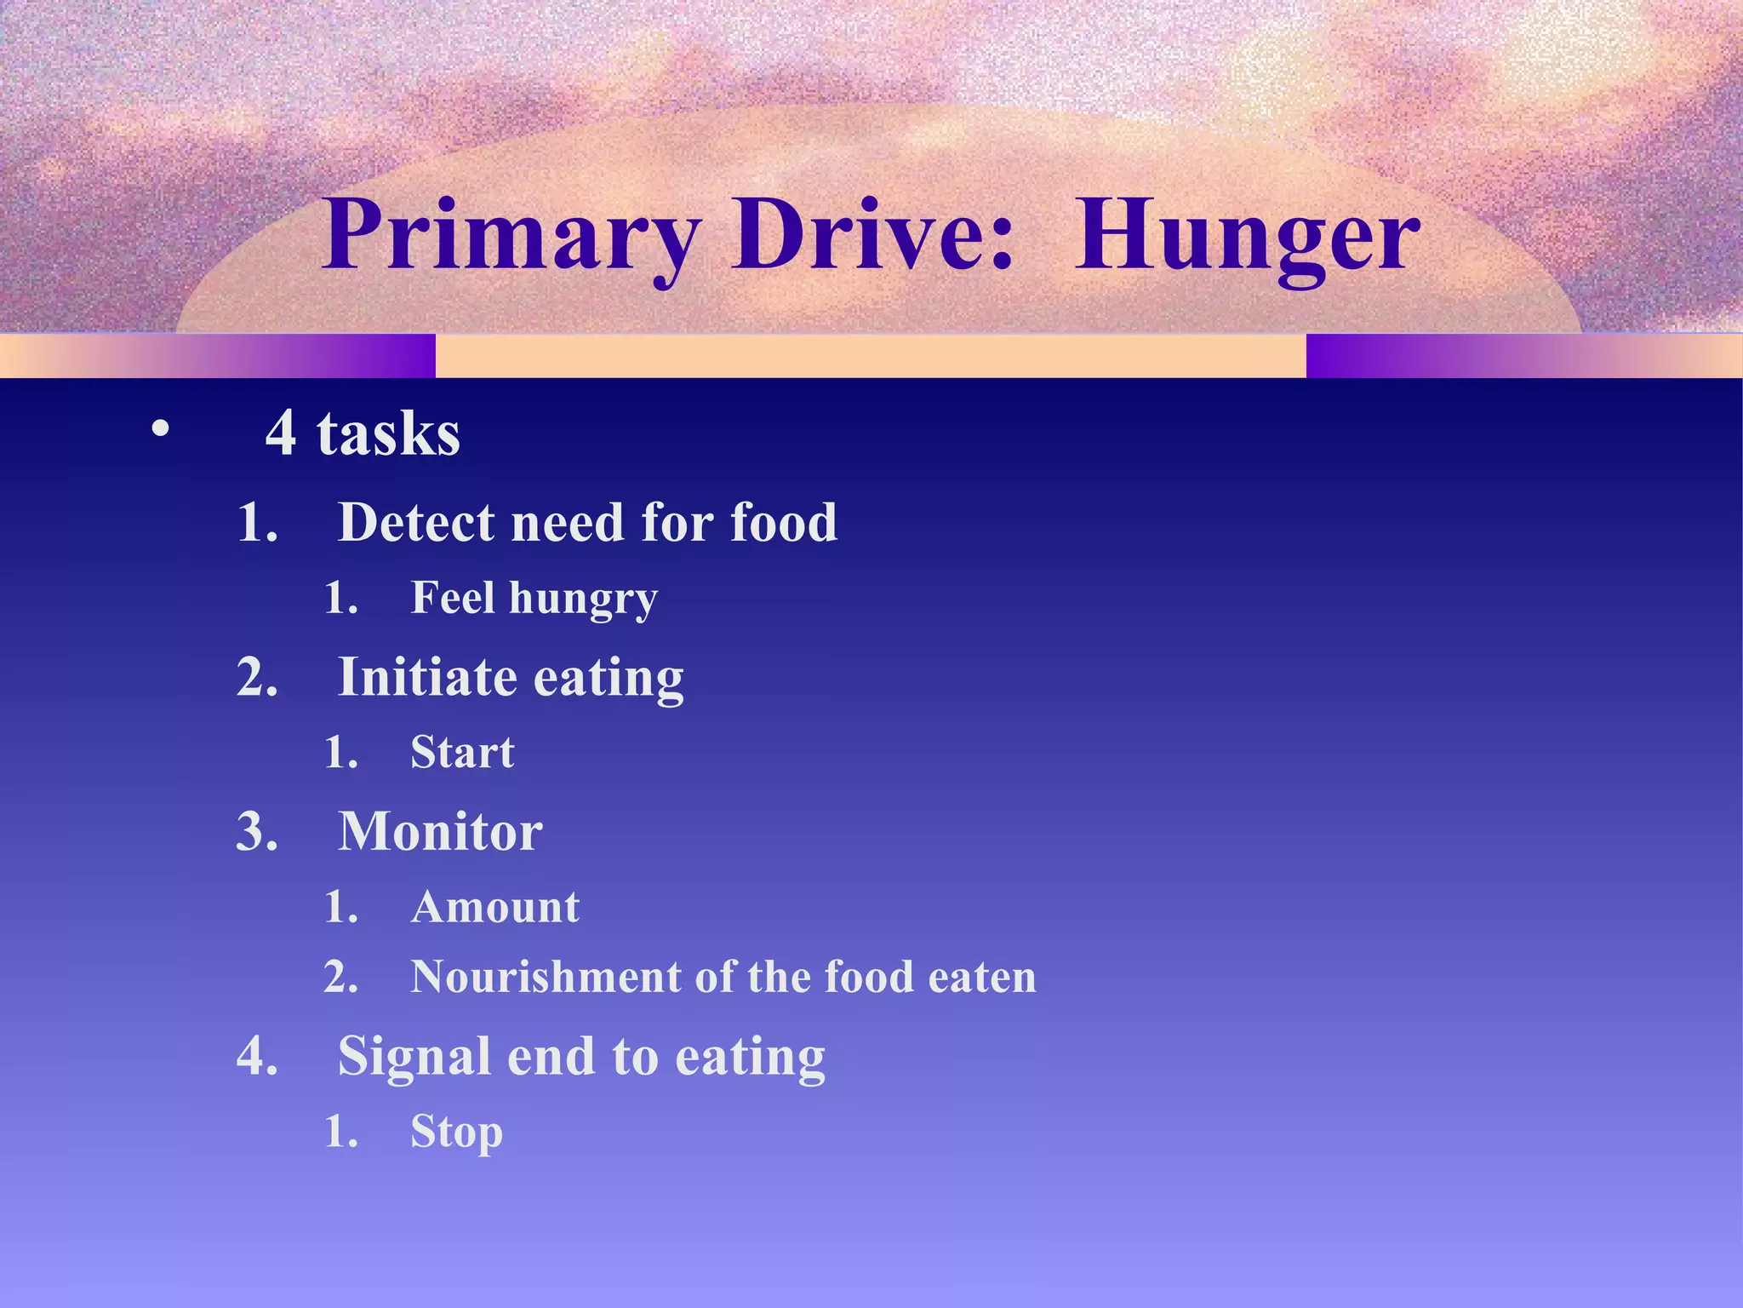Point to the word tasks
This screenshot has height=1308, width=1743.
pyautogui.click(x=388, y=433)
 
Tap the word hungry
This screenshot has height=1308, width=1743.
pyautogui.click(x=583, y=599)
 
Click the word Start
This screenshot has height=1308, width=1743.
pyautogui.click(x=462, y=752)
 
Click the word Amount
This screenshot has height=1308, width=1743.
pyautogui.click(x=495, y=907)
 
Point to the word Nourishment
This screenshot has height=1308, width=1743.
pyautogui.click(x=545, y=977)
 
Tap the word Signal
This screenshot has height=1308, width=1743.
pyautogui.click(x=414, y=1057)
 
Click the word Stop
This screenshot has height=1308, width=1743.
pyautogui.click(x=456, y=1133)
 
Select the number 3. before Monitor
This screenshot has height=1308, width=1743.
pyautogui.click(x=257, y=832)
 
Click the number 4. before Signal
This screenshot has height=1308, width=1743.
pyautogui.click(x=257, y=1057)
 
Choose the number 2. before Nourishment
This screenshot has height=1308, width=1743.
pyautogui.click(x=340, y=978)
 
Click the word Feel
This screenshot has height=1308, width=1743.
pyautogui.click(x=453, y=597)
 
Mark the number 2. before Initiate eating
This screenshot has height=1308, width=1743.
pyautogui.click(x=257, y=678)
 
